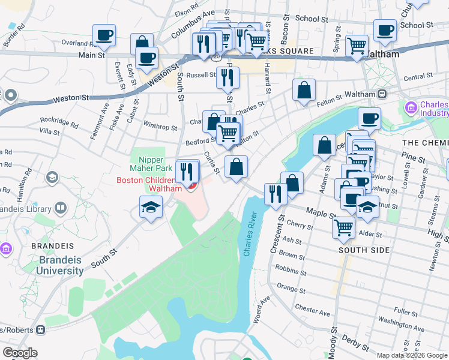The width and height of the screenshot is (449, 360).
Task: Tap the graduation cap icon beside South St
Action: tap(151, 208)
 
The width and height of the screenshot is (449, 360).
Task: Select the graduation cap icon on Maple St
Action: tap(367, 208)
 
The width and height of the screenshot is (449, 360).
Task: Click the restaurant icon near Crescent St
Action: tap(276, 194)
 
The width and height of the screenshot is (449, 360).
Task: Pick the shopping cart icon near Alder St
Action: tap(344, 226)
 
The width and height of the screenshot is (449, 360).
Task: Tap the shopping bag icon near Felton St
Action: tap(304, 90)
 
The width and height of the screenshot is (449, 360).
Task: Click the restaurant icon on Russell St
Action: tap(228, 77)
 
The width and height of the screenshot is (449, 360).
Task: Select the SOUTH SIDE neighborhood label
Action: tap(364, 250)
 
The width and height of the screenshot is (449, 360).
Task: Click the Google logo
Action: tap(20, 353)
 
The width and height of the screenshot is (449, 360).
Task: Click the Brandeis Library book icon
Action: tap(60, 208)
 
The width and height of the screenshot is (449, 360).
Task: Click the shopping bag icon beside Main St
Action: tap(142, 44)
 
